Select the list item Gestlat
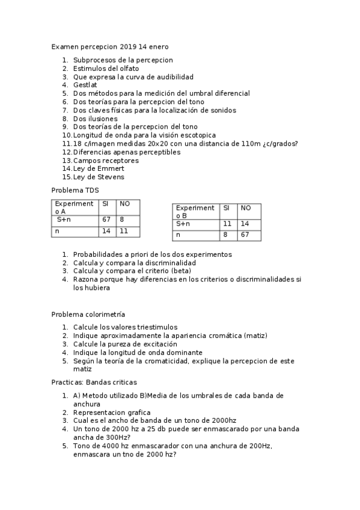(85, 85)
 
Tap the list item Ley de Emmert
(99, 169)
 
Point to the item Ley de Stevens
(99, 177)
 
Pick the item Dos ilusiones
(95, 119)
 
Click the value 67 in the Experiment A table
(106, 220)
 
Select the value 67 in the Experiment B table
(245, 235)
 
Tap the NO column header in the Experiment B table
(245, 207)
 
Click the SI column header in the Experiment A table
(105, 204)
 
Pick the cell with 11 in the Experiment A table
(123, 231)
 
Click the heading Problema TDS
(75, 191)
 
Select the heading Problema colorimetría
(88, 315)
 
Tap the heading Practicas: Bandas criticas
(94, 382)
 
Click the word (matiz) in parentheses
(255, 336)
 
